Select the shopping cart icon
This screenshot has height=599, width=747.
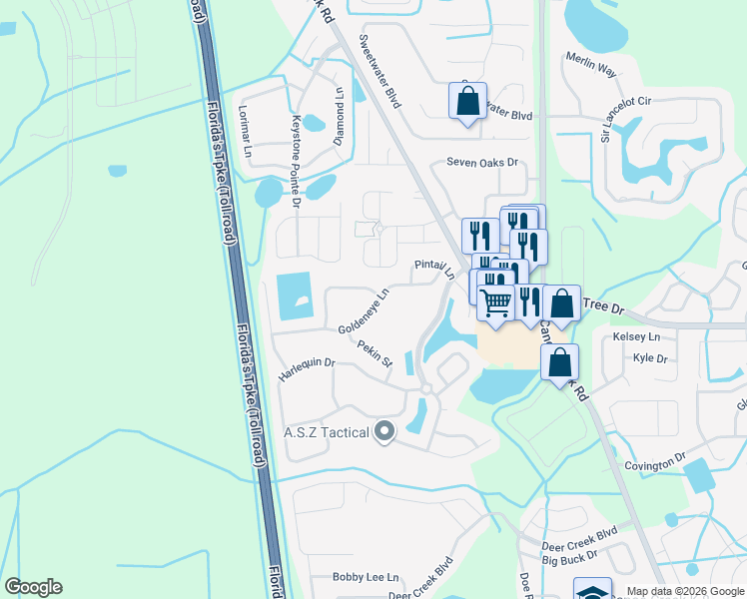coord(496,300)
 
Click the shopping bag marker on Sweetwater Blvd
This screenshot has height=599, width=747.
coord(467,101)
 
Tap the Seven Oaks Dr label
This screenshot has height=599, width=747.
coord(483,162)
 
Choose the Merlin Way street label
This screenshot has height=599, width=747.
coord(594,67)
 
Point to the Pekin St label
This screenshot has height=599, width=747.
coord(374,354)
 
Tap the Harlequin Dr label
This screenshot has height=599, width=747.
coord(307,368)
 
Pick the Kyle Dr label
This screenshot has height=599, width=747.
coord(649,357)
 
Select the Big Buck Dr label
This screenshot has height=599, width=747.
coord(570,556)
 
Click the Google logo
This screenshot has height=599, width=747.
coord(33,587)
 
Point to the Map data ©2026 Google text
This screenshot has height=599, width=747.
coord(684,591)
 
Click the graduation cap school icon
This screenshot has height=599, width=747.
coord(592,591)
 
